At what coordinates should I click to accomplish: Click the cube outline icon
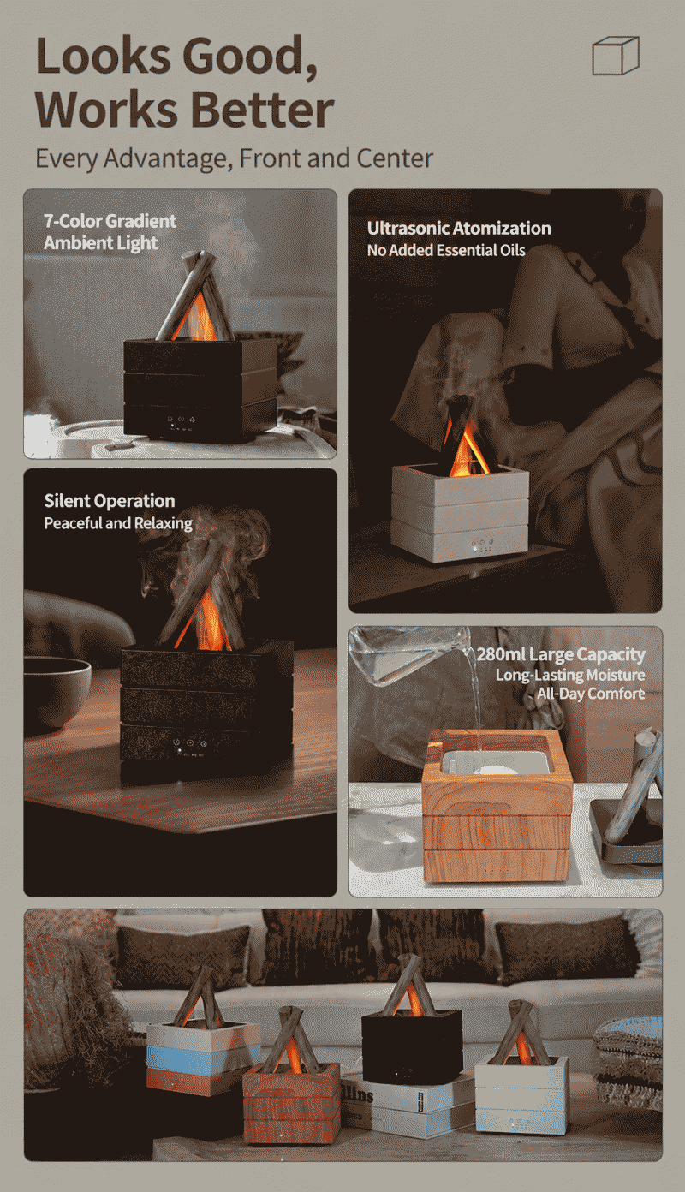(x=616, y=56)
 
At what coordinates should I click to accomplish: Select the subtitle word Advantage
(x=168, y=158)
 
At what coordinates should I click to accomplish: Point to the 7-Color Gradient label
(x=110, y=221)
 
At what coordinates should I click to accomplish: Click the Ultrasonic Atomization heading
(x=459, y=229)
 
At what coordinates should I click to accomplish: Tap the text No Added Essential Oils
(x=446, y=250)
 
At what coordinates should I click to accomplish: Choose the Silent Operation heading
(x=109, y=501)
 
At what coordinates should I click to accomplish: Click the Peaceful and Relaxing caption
(x=118, y=523)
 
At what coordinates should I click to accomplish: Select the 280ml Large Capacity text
(x=561, y=654)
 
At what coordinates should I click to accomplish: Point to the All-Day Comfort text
(x=591, y=694)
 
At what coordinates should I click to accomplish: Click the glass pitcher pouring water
(x=410, y=656)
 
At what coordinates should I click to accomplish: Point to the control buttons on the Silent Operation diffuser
(x=191, y=744)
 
